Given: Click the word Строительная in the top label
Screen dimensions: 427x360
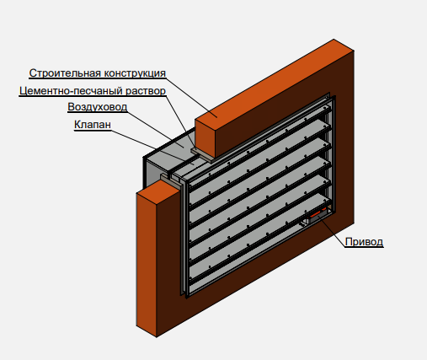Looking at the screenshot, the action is coord(65,73).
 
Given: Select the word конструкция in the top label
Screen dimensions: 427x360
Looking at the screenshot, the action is coord(135,73).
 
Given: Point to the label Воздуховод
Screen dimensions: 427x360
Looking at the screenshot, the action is coord(98,107).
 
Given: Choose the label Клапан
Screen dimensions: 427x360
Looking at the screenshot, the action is coord(93,124).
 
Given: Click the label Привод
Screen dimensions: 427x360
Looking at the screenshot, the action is coord(364,242).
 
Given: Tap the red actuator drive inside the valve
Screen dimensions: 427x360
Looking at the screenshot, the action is coord(318,214).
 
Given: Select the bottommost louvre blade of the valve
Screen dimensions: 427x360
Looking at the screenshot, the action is coord(259,238).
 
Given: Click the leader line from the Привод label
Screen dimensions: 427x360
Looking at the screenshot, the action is coord(332,230).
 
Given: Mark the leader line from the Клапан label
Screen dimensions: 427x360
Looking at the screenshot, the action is coord(152,147).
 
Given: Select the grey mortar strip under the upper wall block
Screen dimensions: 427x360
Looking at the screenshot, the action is coord(202,155).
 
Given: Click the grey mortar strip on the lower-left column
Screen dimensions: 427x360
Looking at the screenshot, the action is coord(170,180).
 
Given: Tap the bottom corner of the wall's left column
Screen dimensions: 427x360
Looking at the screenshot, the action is coord(157,337).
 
